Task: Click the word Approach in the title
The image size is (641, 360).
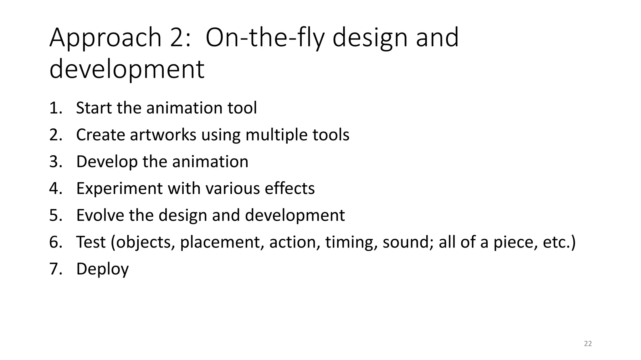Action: (105, 38)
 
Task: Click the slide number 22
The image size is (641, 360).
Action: (588, 344)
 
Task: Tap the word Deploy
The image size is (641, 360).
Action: (102, 269)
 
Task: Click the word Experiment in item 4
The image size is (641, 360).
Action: (119, 188)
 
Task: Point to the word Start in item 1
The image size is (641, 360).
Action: (94, 108)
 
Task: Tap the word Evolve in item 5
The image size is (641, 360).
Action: (100, 215)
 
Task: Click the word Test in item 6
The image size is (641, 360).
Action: (91, 242)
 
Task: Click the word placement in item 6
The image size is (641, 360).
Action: (222, 242)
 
